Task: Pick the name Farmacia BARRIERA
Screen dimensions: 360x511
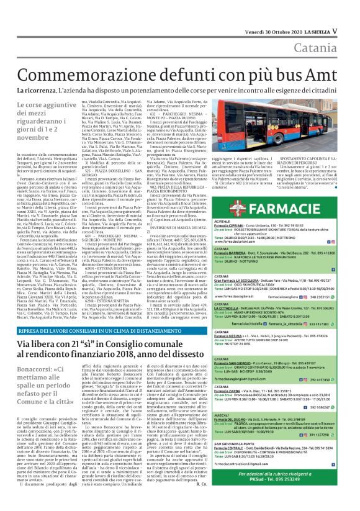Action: [x=246, y=254]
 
